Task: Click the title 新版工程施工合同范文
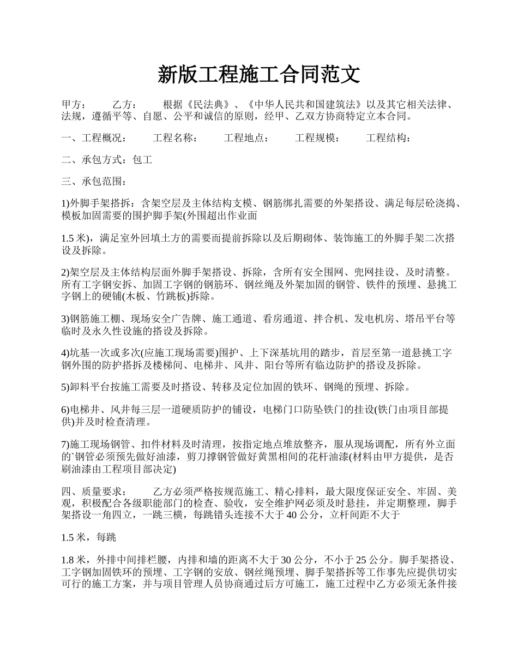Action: click(259, 75)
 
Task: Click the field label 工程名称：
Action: click(175, 139)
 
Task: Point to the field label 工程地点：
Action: click(246, 139)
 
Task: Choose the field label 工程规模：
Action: click(317, 139)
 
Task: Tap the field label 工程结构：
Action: click(388, 139)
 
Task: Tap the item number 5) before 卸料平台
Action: click(65, 387)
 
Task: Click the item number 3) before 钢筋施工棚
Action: click(65, 319)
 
